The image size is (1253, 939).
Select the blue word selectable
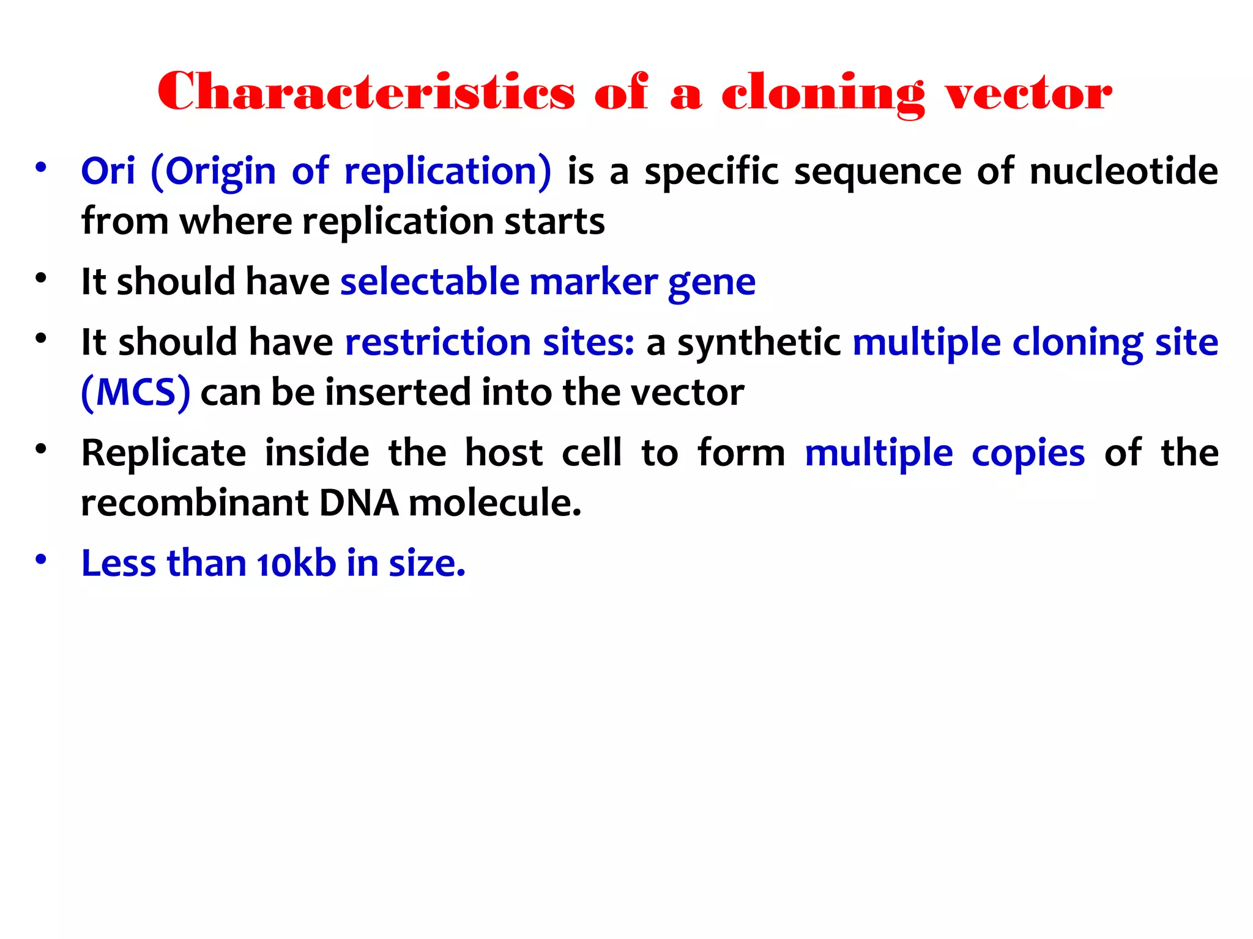[429, 282]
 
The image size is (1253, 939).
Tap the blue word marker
[593, 282]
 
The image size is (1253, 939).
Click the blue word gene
[712, 283]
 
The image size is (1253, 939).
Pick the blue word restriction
[438, 342]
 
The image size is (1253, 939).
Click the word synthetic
[759, 343]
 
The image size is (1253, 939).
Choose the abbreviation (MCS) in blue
[136, 392]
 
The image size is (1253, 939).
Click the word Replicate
[164, 454]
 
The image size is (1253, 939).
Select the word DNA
[359, 503]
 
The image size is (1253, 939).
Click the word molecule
[494, 503]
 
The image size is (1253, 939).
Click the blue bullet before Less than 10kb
[41, 559]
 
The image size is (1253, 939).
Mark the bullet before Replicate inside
[41, 449]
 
